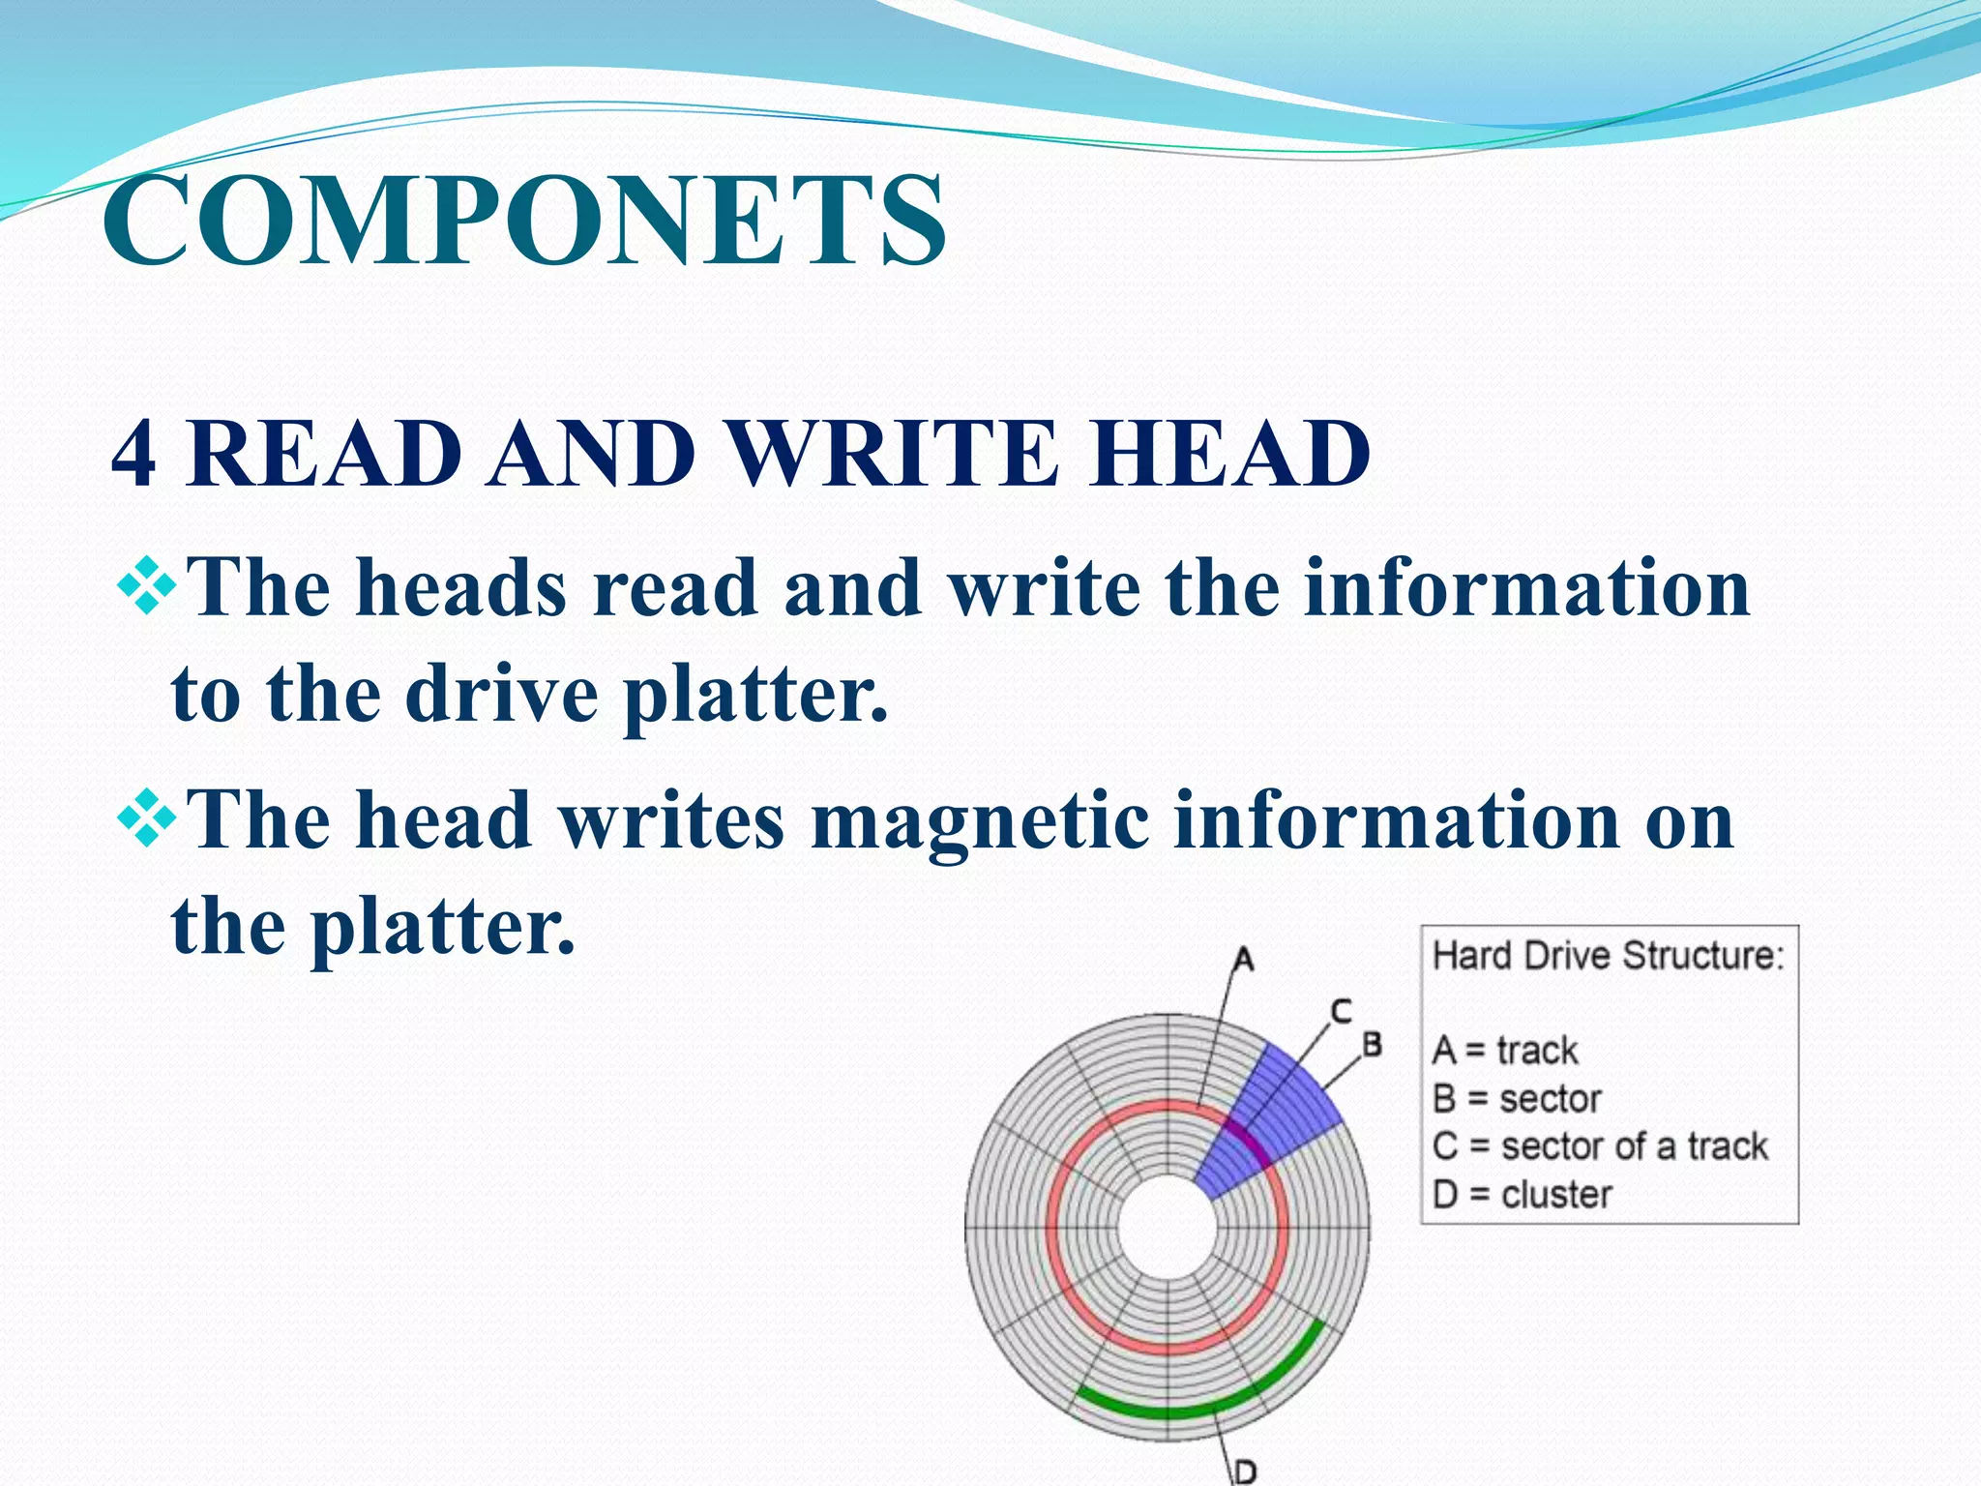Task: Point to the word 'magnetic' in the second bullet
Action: click(x=978, y=822)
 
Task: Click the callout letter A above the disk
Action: click(x=1243, y=960)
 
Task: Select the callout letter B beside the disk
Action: click(x=1372, y=1045)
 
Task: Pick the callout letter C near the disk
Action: click(x=1340, y=1012)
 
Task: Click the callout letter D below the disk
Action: click(x=1246, y=1471)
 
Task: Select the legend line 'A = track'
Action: click(x=1505, y=1051)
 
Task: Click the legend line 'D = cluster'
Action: click(x=1522, y=1195)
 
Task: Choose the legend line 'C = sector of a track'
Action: click(x=1599, y=1146)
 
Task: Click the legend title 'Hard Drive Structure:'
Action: click(x=1608, y=956)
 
